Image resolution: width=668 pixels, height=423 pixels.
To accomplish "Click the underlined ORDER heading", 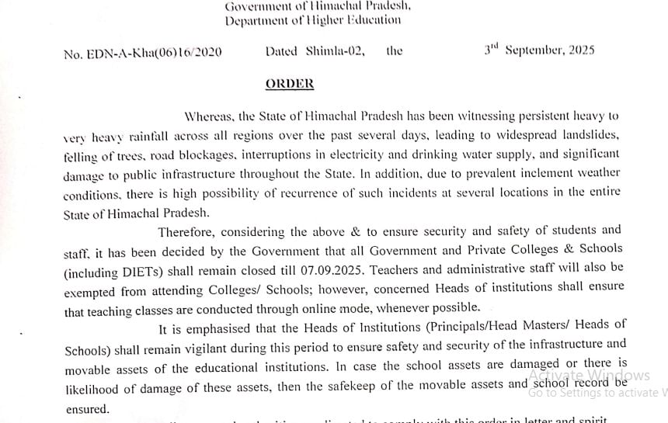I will [x=290, y=84].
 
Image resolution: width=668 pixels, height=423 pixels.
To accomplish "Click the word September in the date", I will [x=538, y=50].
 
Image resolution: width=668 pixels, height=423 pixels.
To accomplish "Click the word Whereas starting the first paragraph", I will [x=209, y=116].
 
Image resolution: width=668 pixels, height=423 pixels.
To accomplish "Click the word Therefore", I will [x=186, y=231].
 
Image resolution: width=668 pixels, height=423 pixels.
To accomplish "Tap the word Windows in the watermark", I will [x=619, y=376].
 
